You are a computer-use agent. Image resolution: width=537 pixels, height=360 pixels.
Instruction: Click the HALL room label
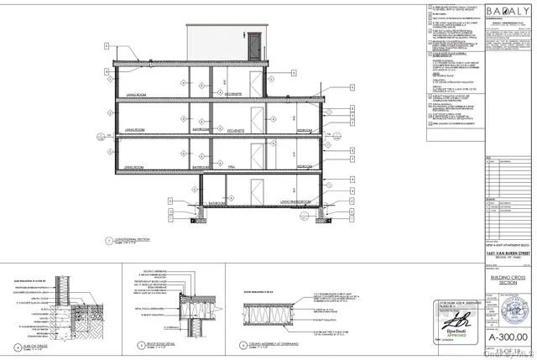coord(231,167)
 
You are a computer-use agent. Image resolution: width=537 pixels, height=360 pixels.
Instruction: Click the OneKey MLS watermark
coord(508,353)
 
